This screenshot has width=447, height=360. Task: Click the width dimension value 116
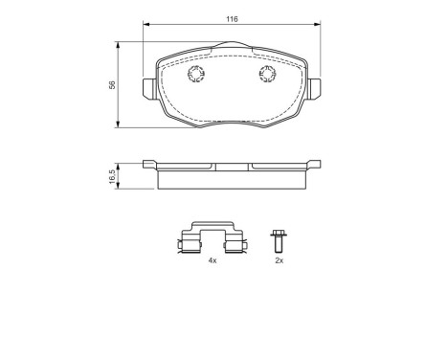232,19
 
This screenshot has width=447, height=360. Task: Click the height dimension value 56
112,85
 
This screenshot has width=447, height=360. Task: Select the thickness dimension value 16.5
112,176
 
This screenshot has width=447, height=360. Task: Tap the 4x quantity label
212,259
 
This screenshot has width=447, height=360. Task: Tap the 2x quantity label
279,259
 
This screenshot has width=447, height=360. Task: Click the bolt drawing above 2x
279,238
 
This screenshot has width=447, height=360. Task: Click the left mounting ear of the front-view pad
148,87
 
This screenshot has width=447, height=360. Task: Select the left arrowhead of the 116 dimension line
146,26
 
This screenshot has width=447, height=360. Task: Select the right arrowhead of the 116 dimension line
317,26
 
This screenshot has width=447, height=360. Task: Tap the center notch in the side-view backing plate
232,167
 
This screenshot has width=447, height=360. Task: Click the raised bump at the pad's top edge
232,44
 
